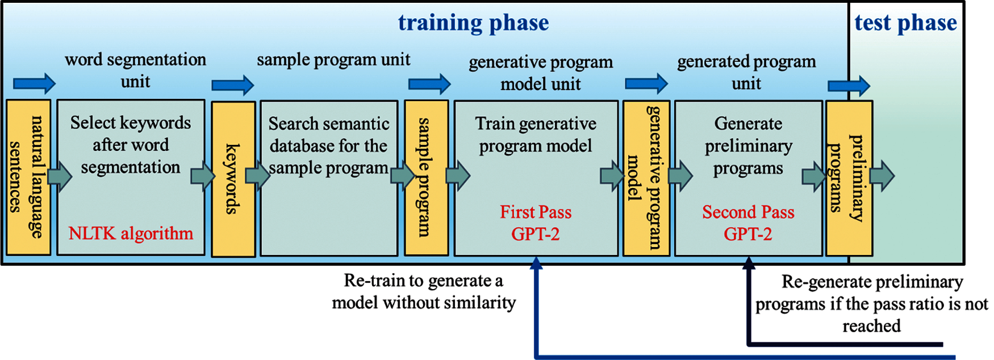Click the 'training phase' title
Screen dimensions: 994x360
click(473, 23)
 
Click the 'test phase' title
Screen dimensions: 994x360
click(905, 23)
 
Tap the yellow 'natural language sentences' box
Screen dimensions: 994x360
click(28, 177)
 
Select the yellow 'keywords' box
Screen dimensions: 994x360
click(233, 179)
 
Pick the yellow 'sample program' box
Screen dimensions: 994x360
click(427, 178)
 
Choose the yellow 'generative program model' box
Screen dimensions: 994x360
click(646, 178)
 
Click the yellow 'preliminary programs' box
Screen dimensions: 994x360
click(849, 178)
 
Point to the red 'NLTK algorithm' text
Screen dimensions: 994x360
click(131, 233)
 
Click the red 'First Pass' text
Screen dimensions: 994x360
click(536, 212)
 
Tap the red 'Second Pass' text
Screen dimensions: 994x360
click(748, 212)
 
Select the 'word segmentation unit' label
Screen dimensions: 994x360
click(135, 70)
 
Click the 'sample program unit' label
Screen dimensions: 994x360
click(333, 60)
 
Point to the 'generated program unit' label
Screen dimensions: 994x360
click(746, 72)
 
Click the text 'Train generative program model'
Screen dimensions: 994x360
click(536, 135)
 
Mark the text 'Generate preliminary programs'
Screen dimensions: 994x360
click(748, 146)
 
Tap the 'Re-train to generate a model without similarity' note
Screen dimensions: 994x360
click(424, 291)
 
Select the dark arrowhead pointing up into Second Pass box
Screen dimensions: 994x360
click(749, 262)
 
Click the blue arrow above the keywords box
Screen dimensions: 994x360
click(233, 85)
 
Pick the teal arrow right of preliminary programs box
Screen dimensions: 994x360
click(882, 176)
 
